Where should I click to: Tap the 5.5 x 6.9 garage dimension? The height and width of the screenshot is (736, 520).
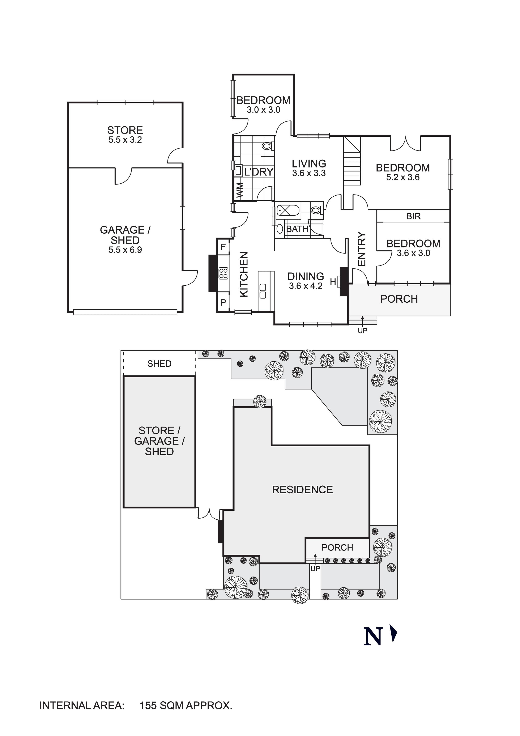(125, 250)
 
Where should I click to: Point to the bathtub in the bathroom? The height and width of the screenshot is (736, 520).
(288, 211)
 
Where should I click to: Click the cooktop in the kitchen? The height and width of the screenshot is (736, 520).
(223, 273)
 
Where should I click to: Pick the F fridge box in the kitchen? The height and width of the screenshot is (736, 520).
(223, 247)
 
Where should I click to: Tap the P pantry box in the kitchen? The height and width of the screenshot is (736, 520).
(223, 302)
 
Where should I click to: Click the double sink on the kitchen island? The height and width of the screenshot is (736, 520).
(263, 291)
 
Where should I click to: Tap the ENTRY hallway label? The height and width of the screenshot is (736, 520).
(362, 249)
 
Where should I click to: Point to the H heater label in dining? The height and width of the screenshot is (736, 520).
(333, 282)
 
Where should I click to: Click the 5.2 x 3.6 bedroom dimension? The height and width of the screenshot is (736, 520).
(403, 178)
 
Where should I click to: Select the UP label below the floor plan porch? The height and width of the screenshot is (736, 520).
(363, 331)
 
